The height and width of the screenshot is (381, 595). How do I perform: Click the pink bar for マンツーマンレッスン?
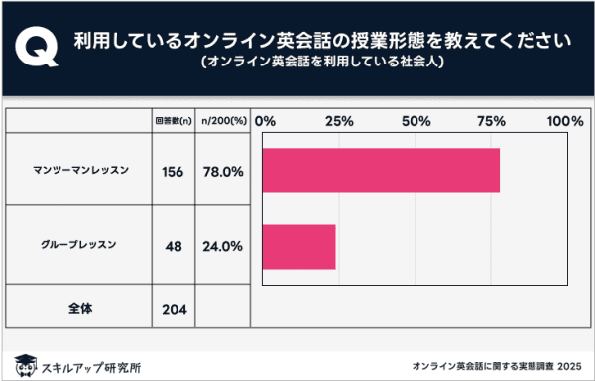(x=381, y=170)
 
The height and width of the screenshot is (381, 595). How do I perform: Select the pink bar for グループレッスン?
(x=298, y=247)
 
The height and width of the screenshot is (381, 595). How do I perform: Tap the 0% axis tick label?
(x=265, y=121)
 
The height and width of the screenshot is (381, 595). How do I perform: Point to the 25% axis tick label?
(x=339, y=121)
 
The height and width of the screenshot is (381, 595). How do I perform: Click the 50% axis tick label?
(x=415, y=121)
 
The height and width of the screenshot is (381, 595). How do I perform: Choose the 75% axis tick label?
(x=490, y=121)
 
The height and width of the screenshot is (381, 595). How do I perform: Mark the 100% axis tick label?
(x=565, y=121)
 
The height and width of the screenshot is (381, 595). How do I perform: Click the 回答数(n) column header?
(x=172, y=121)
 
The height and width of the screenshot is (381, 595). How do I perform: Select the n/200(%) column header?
(x=220, y=121)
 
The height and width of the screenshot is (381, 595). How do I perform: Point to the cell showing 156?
(x=172, y=171)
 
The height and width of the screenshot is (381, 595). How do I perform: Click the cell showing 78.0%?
(x=221, y=171)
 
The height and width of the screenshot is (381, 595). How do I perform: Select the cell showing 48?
(x=172, y=247)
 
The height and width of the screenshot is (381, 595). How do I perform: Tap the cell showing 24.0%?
(x=221, y=247)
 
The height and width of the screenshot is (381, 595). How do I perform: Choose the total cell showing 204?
(x=172, y=308)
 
